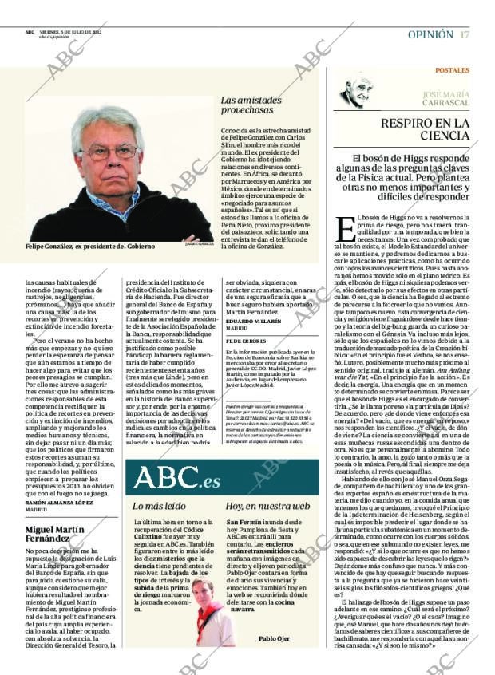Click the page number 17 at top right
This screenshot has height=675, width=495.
465,34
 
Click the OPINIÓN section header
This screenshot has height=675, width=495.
430,34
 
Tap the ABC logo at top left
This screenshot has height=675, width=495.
29,32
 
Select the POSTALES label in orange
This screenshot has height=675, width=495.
452,70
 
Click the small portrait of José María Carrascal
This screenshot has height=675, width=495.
355,93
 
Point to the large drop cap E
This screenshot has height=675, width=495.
346,229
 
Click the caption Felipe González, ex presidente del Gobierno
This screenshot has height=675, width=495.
90,247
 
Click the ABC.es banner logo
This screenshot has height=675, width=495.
176,477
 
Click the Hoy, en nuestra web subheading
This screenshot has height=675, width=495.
267,506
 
